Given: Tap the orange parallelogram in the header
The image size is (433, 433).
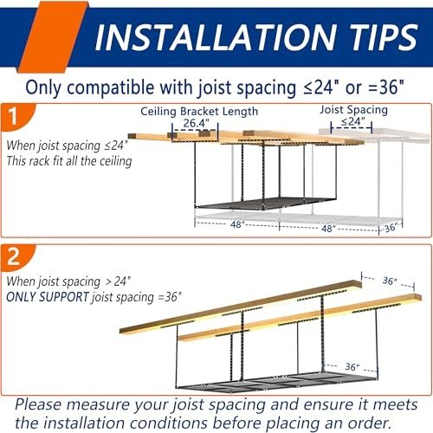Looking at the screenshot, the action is coord(53,36).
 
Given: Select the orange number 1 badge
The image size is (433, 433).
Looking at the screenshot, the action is coord(18,117).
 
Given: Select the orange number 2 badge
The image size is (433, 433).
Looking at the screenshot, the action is coord(18,257).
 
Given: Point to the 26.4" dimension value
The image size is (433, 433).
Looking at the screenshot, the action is coord(196,123).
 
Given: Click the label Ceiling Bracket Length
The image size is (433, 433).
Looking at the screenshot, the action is coord(199,112).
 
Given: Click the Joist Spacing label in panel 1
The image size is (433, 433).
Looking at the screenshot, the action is coord(353,110).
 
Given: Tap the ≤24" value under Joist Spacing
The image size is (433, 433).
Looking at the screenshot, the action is coord(352,121).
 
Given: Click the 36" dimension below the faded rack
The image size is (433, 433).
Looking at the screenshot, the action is coord(390,228).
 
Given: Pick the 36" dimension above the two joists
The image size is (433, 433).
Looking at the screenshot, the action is coord(390,281).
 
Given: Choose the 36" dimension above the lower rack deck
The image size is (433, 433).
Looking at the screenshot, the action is coord(352,367).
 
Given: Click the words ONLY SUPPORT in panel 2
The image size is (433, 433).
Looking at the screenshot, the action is coord(48,297).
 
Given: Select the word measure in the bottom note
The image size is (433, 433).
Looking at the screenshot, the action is coord(99,405).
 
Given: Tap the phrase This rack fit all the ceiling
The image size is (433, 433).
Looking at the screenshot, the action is coord(69,161).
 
